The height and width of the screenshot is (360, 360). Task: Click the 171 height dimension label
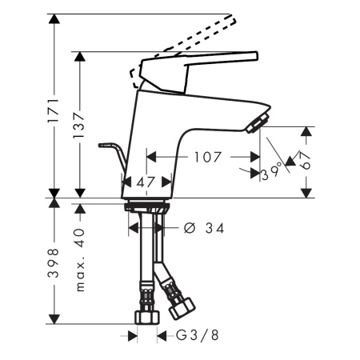coord(54,106)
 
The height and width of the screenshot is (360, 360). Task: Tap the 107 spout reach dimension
coord(207,158)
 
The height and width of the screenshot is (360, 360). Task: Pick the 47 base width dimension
coord(145,183)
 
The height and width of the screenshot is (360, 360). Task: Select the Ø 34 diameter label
coord(203,229)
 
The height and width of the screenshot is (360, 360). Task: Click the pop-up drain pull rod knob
coord(103,146)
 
